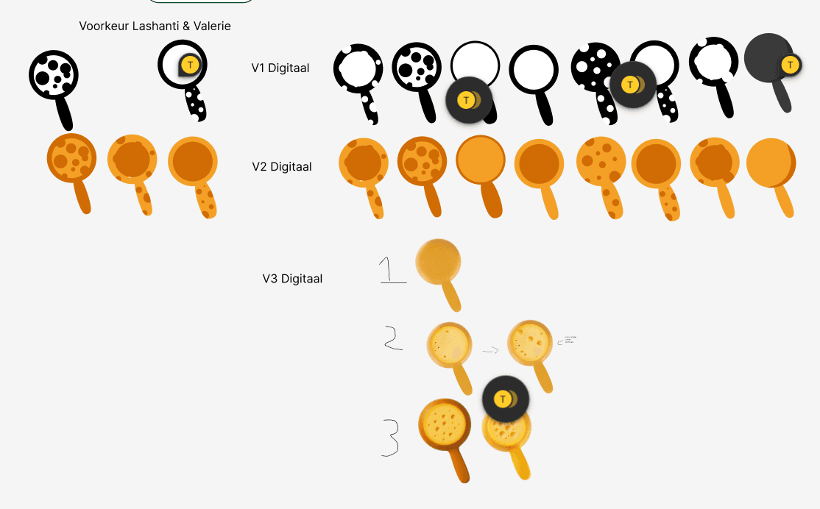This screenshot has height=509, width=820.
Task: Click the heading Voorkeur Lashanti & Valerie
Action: pyautogui.click(x=155, y=26)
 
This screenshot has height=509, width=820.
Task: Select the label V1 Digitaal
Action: pyautogui.click(x=280, y=68)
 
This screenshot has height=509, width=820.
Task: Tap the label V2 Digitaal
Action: pyautogui.click(x=282, y=167)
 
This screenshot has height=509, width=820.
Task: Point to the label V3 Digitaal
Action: pyautogui.click(x=292, y=279)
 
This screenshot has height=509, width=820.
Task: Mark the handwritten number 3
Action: pyautogui.click(x=390, y=437)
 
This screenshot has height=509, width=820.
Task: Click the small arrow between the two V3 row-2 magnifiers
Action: pyautogui.click(x=490, y=350)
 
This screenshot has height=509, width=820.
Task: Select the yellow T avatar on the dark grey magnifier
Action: pyautogui.click(x=791, y=65)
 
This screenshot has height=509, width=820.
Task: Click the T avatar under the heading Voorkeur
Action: pyautogui.click(x=191, y=65)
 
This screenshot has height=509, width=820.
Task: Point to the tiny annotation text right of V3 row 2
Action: pyautogui.click(x=570, y=339)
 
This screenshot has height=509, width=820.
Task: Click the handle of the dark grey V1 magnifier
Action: pyautogui.click(x=783, y=96)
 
